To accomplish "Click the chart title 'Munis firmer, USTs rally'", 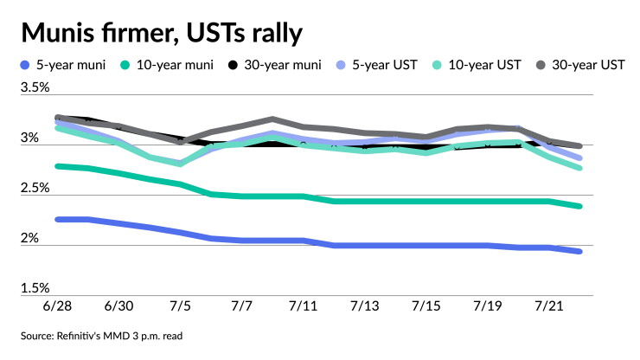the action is [162, 33].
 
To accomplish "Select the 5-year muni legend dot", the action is [25, 65].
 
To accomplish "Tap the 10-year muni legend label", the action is [175, 65].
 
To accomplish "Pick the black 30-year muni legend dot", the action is [233, 65].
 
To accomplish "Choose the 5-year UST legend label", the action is [385, 65].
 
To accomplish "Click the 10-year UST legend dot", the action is [437, 65].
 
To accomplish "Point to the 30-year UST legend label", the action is [588, 65].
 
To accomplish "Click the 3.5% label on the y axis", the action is [35, 87].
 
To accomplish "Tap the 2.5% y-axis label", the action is [35, 188].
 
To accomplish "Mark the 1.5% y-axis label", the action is [35, 288].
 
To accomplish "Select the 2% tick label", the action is [29, 238].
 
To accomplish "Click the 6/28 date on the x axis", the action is [57, 306].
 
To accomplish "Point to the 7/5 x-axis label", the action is [180, 306].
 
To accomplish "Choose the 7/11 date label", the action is [303, 306].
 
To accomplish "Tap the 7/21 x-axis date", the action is [549, 306].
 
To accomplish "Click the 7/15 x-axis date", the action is [426, 306].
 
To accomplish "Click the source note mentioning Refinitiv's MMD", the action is [102, 337].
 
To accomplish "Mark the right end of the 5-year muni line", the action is [579, 252].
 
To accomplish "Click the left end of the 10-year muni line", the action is [58, 166].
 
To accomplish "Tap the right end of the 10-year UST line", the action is [579, 168].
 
